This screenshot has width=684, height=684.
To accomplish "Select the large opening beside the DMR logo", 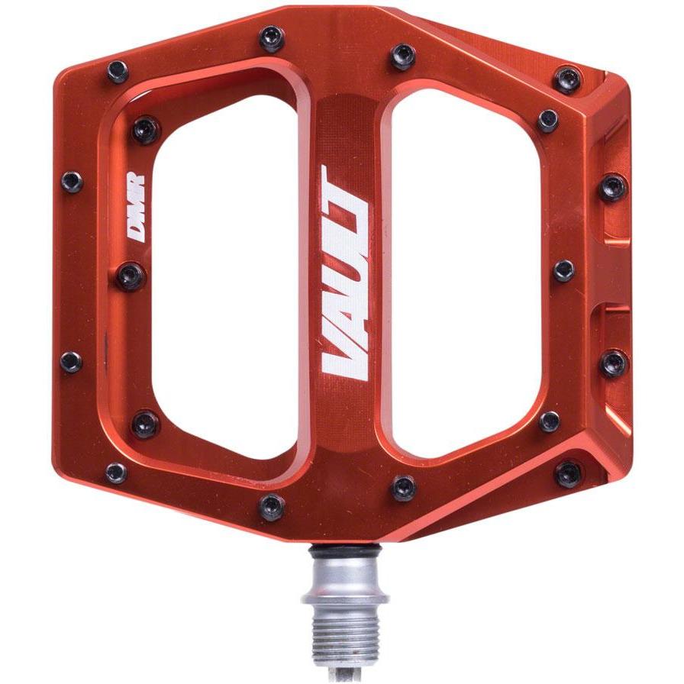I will click(221, 275).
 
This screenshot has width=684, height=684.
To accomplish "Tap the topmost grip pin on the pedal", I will click(271, 37).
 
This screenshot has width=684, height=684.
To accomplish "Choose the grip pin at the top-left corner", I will click(118, 72).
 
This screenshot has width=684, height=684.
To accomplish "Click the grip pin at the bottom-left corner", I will click(116, 473).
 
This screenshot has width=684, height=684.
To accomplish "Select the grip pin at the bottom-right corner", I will click(568, 474).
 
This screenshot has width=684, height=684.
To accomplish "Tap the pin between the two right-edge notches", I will click(564, 269).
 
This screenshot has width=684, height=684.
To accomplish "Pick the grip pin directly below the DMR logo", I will click(131, 275).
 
